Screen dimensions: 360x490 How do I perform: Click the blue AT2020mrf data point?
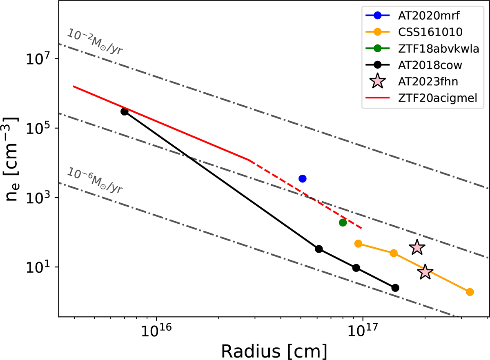303,178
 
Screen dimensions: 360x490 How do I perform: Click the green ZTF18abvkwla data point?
343,222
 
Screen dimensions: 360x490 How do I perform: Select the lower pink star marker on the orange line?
425,272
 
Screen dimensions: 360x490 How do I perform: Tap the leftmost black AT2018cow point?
125,111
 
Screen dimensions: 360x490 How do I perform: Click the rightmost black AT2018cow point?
395,288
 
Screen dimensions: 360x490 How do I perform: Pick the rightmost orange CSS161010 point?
470,292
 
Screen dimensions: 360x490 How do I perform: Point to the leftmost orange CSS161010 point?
358,244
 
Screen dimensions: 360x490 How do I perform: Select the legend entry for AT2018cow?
425,64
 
